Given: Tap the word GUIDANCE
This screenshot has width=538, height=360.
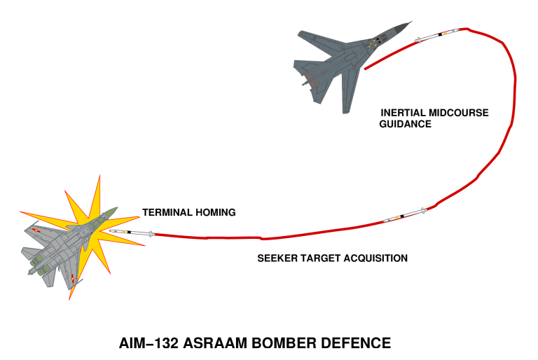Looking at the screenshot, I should [406, 124].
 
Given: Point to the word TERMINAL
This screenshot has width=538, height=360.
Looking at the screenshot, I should [167, 212].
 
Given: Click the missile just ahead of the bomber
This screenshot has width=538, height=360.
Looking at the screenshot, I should [437, 34].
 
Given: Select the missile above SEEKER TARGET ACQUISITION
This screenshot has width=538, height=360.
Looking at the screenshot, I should [406, 215].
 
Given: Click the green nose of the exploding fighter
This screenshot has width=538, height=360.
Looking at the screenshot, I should [111, 211].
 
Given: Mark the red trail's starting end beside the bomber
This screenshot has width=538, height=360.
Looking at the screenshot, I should [366, 69].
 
